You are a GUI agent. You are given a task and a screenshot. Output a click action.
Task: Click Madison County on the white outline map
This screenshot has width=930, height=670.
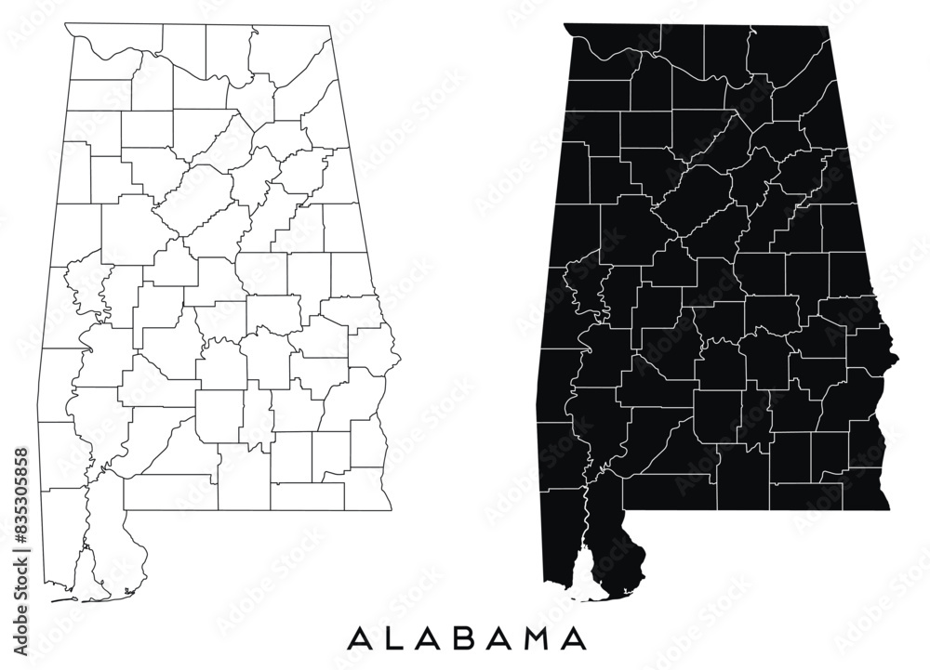(x=229, y=51)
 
